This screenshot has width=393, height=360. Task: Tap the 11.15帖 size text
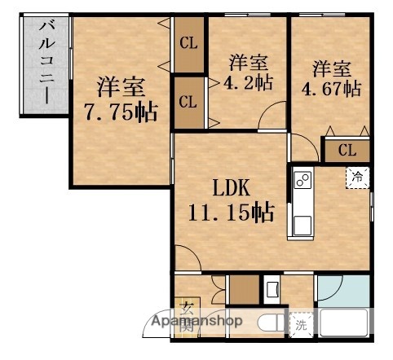coord(233,213)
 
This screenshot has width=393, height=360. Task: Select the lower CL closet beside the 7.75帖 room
coord(188,102)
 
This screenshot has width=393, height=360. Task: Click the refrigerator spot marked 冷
coord(357,176)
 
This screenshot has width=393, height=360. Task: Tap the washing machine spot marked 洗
coord(302,324)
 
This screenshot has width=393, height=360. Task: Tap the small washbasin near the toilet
coord(272,288)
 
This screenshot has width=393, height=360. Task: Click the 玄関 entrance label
coord(188,314)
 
